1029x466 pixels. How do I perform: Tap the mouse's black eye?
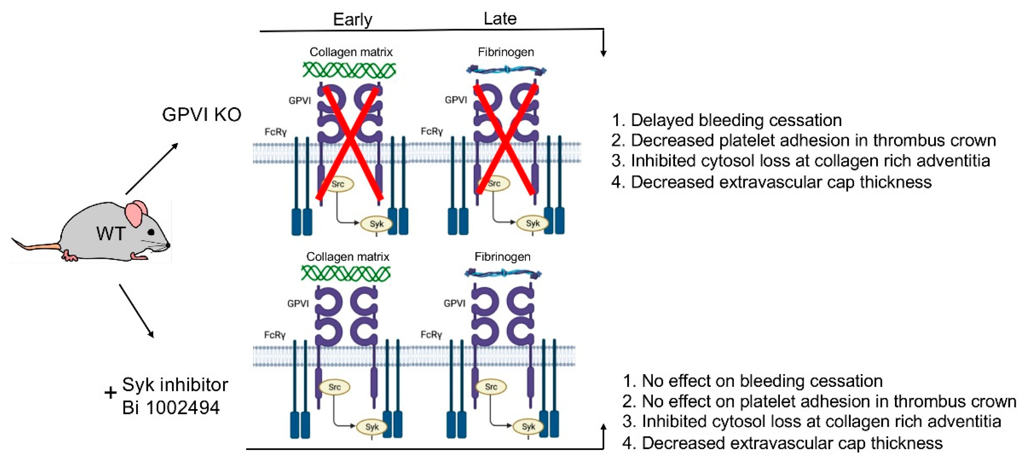tap(151, 232)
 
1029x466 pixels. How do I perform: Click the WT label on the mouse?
tap(111, 233)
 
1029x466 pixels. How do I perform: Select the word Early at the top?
tap(352, 19)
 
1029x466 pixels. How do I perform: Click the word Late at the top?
tap(500, 18)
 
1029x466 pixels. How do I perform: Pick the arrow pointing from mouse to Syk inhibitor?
tap(136, 311)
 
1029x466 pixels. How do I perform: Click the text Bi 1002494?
tap(171, 408)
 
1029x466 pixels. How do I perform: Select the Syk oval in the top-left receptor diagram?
tap(376, 224)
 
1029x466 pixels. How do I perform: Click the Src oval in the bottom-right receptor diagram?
tap(491, 387)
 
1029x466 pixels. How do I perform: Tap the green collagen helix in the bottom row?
tap(346, 274)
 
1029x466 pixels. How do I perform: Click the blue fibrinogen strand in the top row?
tap(506, 71)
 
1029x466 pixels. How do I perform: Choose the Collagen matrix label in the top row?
tap(351, 52)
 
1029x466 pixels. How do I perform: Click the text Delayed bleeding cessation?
tap(736, 120)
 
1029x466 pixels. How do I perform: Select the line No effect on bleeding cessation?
tap(762, 381)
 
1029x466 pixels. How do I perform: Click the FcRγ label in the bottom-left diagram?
tap(275, 335)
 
